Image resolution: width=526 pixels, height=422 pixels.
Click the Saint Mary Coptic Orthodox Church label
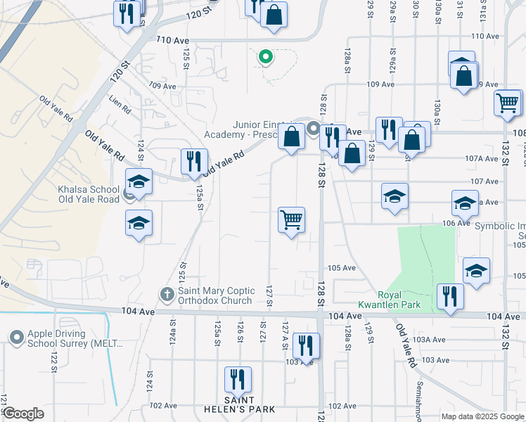pyautogui.click(x=214, y=295)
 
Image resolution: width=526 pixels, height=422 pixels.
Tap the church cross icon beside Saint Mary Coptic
pyautogui.click(x=167, y=293)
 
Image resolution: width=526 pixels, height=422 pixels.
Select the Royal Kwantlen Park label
pyautogui.click(x=399, y=300)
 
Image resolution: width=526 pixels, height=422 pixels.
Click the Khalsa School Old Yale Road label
pyautogui.click(x=89, y=194)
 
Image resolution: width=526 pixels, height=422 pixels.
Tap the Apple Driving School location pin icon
pyautogui.click(x=16, y=338)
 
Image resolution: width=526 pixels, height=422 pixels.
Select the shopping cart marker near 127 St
pyautogui.click(x=291, y=220)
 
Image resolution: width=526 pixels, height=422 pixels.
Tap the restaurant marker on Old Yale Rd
pyautogui.click(x=193, y=162)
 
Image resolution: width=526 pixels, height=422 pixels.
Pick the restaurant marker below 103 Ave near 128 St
pyautogui.click(x=305, y=345)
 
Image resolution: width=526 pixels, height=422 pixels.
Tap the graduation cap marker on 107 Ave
pyautogui.click(x=394, y=196)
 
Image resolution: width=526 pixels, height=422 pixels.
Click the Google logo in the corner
pyautogui.click(x=23, y=414)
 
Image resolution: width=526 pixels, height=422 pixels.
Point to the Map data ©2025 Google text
pyautogui.click(x=482, y=416)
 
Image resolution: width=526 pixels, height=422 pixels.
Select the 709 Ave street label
pyautogui.click(x=162, y=86)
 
